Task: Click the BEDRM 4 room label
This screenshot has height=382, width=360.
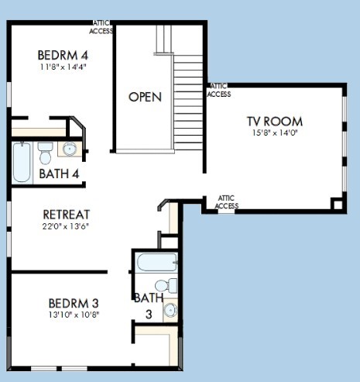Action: [63, 55]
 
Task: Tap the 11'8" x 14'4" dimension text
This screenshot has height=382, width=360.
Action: [63, 67]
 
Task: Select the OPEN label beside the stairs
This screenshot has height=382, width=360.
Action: [145, 97]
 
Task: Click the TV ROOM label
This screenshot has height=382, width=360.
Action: [275, 122]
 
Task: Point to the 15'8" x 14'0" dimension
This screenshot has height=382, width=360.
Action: [275, 132]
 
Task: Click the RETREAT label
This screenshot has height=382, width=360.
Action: [67, 215]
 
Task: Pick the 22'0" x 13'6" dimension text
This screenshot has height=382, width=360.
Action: [66, 226]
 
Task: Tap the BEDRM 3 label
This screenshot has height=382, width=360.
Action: [74, 303]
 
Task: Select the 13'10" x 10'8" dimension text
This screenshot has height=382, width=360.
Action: [74, 315]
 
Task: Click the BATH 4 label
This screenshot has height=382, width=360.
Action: [59, 174]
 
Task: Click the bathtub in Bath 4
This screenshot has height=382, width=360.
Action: [22, 162]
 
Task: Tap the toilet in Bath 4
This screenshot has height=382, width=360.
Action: [45, 153]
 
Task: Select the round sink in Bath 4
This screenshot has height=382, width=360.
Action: [70, 149]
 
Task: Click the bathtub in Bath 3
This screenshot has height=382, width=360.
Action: [157, 262]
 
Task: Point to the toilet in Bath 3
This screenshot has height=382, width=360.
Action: [166, 286]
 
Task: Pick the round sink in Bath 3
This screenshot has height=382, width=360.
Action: [170, 310]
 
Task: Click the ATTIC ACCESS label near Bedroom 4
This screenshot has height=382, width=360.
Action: [101, 27]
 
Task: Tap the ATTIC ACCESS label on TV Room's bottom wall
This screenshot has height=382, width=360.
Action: [226, 202]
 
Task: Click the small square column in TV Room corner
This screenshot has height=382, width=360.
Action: [338, 205]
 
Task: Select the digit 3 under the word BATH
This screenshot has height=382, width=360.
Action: [149, 315]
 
